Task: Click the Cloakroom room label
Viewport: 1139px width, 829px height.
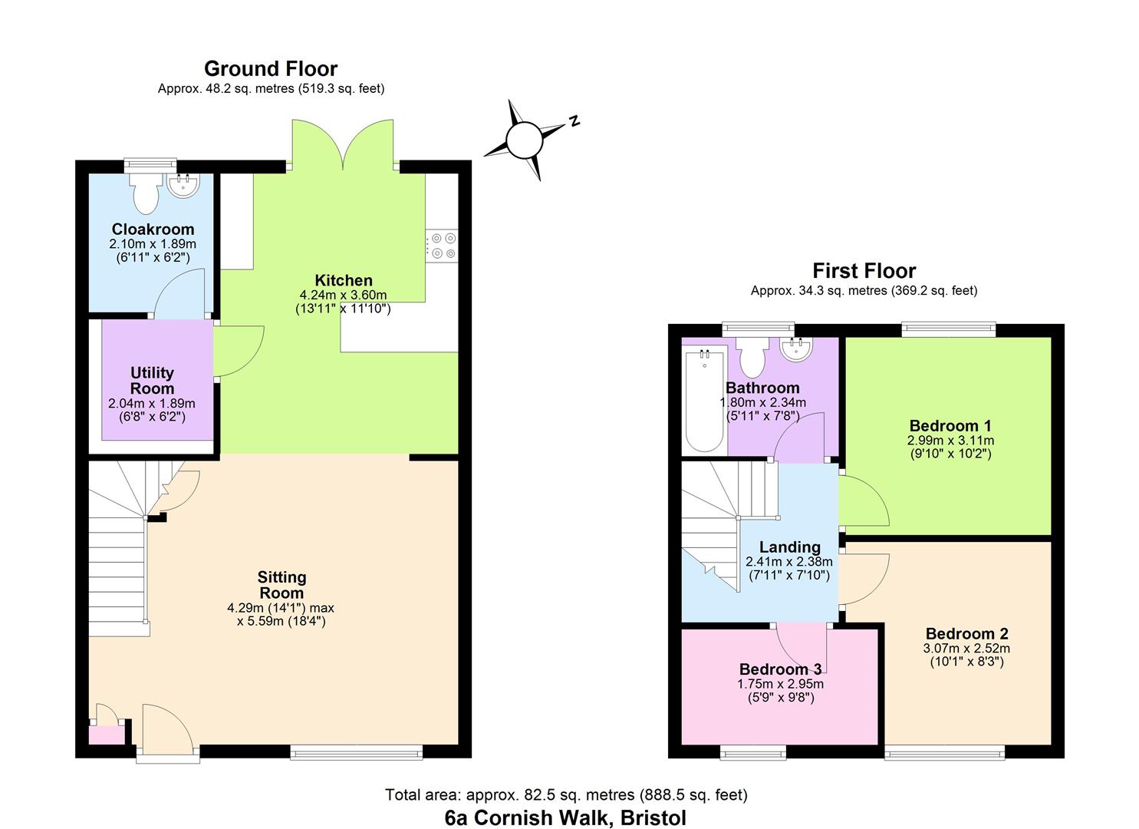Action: [x=153, y=229]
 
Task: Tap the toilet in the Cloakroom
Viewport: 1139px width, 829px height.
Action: [x=144, y=193]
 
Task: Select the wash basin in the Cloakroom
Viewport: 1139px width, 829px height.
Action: [x=183, y=186]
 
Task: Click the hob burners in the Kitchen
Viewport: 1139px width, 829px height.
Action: [x=442, y=246]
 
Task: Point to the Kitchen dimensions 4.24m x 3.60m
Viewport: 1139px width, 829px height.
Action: [x=343, y=295]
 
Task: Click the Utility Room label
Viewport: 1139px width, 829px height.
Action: [x=152, y=381]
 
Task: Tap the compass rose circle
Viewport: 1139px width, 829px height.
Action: [x=524, y=140]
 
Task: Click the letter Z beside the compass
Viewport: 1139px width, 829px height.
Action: [x=573, y=121]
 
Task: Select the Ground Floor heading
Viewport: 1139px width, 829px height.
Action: [x=271, y=69]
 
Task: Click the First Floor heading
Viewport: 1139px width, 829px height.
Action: [x=864, y=271]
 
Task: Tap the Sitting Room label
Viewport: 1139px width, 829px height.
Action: [x=281, y=585]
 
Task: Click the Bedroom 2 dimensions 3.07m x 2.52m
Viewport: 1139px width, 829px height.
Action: [x=966, y=648]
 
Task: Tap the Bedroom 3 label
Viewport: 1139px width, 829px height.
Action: [x=780, y=669]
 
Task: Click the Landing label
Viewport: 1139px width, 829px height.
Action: [x=789, y=547]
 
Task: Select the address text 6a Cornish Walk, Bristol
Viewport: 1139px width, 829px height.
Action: [x=565, y=817]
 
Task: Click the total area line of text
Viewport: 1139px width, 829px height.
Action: [x=566, y=794]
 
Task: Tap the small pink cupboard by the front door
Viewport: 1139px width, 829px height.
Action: [x=107, y=735]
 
